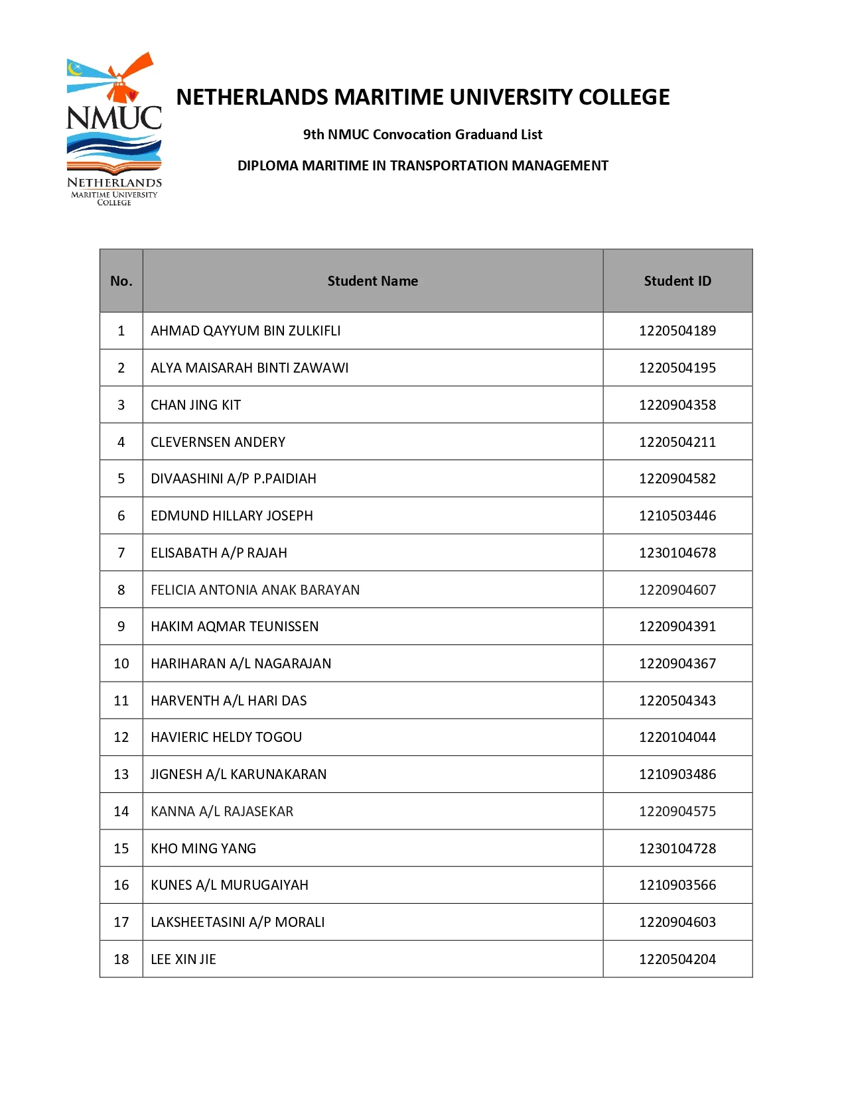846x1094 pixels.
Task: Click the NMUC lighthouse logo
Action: tap(114, 129)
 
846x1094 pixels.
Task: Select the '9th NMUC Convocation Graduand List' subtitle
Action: tap(423, 135)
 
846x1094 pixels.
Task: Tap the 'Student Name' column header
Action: tap(372, 281)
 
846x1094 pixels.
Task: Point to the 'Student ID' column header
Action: tap(677, 281)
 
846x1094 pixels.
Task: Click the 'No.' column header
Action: tap(121, 281)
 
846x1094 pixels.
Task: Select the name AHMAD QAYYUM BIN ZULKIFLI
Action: tap(246, 331)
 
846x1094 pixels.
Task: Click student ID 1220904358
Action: tap(677, 405)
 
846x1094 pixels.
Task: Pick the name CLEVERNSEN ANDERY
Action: tap(218, 442)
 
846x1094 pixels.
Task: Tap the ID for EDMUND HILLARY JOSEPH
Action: tap(677, 516)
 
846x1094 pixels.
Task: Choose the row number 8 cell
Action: tap(121, 590)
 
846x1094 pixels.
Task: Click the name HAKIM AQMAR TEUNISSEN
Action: tap(234, 627)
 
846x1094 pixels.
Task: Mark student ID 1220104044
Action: tap(677, 737)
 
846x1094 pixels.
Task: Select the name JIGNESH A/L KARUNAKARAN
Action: tap(238, 774)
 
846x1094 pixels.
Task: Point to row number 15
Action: tap(121, 849)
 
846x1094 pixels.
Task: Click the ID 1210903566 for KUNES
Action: tap(677, 885)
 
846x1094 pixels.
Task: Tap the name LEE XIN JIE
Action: tap(183, 959)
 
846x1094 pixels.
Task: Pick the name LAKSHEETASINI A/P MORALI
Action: tap(238, 922)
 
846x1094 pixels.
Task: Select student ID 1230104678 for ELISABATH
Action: tap(677, 553)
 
